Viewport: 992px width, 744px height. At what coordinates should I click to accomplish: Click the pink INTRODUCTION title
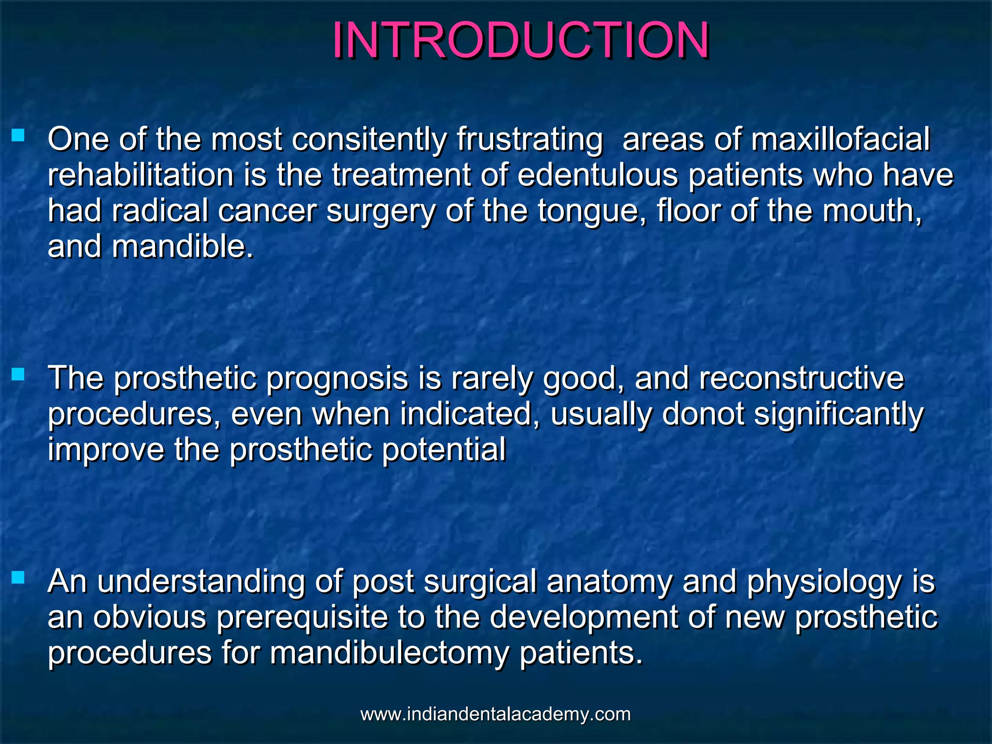pos(520,41)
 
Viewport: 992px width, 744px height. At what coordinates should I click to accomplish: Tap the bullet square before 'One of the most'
pos(18,135)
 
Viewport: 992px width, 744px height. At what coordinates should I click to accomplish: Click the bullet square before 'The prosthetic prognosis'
pos(18,374)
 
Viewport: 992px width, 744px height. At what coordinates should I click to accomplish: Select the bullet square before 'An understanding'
pos(18,577)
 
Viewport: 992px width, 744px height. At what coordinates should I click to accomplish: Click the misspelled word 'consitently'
pos(369,139)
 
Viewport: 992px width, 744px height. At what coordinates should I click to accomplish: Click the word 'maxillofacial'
pos(840,139)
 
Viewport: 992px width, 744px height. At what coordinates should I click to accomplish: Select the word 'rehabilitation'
pos(141,175)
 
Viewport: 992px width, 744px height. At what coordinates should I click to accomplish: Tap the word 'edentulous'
pos(598,175)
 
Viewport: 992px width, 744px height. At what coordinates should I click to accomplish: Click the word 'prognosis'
pos(337,379)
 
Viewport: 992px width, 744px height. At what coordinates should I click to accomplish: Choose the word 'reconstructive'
pos(801,379)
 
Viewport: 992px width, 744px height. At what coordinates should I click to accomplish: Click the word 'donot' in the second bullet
pos(703,415)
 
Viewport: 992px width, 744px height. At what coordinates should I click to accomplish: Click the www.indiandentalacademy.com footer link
pos(496,714)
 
